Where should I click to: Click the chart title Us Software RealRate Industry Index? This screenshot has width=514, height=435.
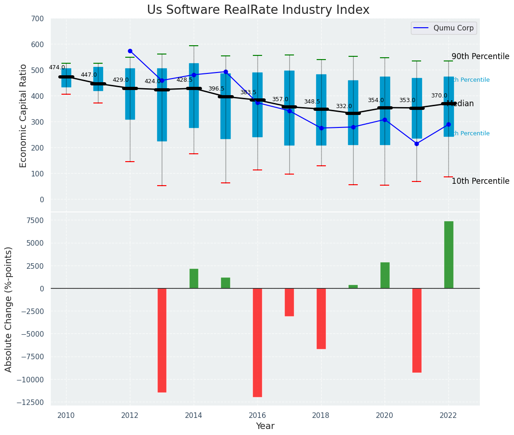(x=258, y=10)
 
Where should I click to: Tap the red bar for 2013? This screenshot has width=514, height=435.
(x=162, y=340)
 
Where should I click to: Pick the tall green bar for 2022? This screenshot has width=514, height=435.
(x=448, y=255)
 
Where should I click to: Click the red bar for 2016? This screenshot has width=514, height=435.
(x=257, y=343)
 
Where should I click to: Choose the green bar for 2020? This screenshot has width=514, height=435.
(x=385, y=275)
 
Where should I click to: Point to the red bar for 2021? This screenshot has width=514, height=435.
(x=416, y=330)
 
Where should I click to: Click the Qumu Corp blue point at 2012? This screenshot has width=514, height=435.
(x=130, y=51)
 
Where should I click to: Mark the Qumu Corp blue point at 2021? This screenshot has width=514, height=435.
(x=416, y=144)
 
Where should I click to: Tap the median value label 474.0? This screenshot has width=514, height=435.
(x=57, y=68)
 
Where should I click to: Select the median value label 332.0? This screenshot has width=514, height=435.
(x=344, y=107)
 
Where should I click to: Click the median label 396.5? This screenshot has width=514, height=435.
(x=216, y=89)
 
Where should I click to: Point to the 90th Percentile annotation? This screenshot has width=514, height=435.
(x=480, y=57)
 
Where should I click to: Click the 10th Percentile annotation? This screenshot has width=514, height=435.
(x=480, y=181)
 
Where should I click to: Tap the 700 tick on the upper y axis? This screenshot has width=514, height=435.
(x=37, y=19)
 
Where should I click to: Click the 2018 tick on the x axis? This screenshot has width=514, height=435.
(x=321, y=415)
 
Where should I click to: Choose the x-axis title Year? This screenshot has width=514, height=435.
(x=265, y=426)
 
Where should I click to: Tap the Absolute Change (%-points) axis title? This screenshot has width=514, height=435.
(x=9, y=309)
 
